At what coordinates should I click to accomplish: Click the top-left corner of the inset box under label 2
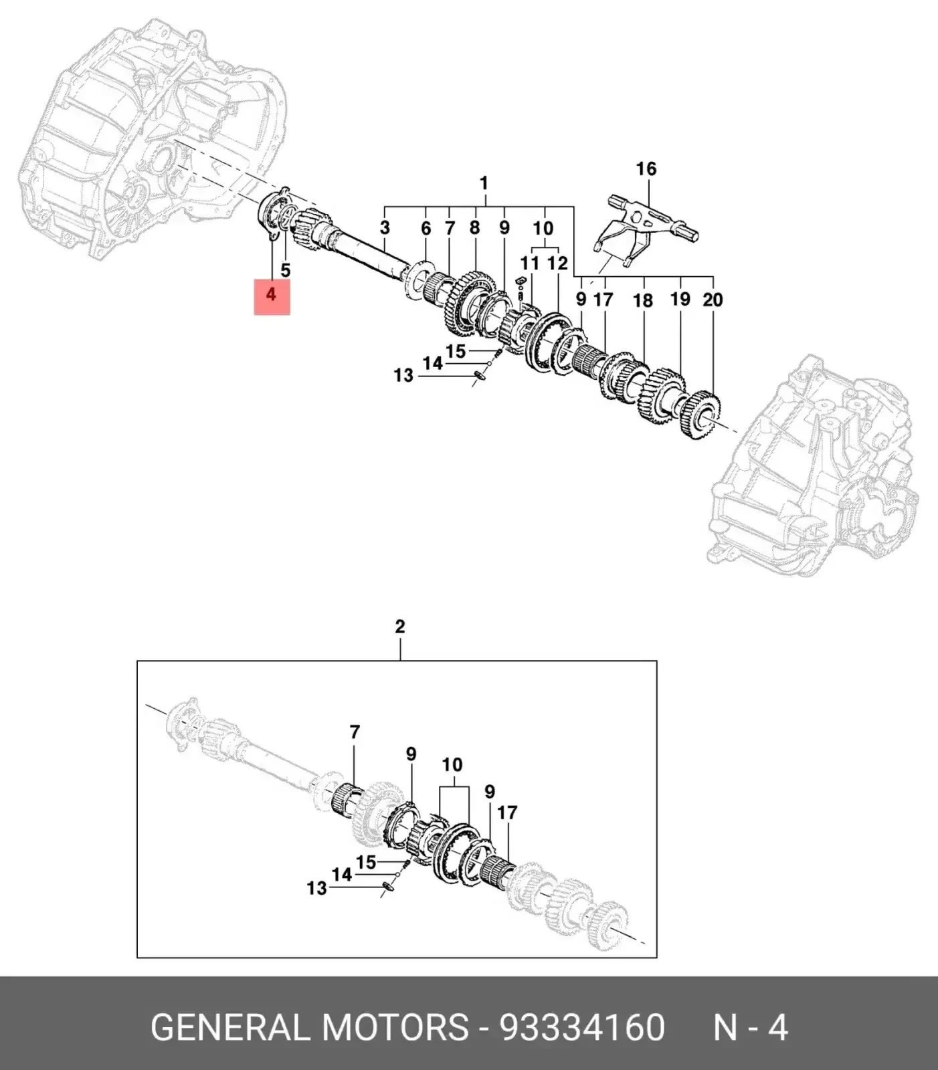[137, 661]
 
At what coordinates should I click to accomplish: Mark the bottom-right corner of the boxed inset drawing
[656, 958]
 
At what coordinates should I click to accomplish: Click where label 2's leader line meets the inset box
[400, 661]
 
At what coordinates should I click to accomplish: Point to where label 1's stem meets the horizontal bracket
[484, 205]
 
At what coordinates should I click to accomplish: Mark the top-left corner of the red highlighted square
[254, 280]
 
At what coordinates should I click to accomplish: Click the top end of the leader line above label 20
[713, 276]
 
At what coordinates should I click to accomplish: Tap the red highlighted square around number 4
[272, 297]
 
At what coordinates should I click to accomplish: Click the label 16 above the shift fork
[646, 169]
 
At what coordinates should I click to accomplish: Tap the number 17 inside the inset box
[507, 813]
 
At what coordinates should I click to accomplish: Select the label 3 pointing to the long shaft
[385, 228]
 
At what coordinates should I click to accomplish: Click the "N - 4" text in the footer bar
[751, 1027]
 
